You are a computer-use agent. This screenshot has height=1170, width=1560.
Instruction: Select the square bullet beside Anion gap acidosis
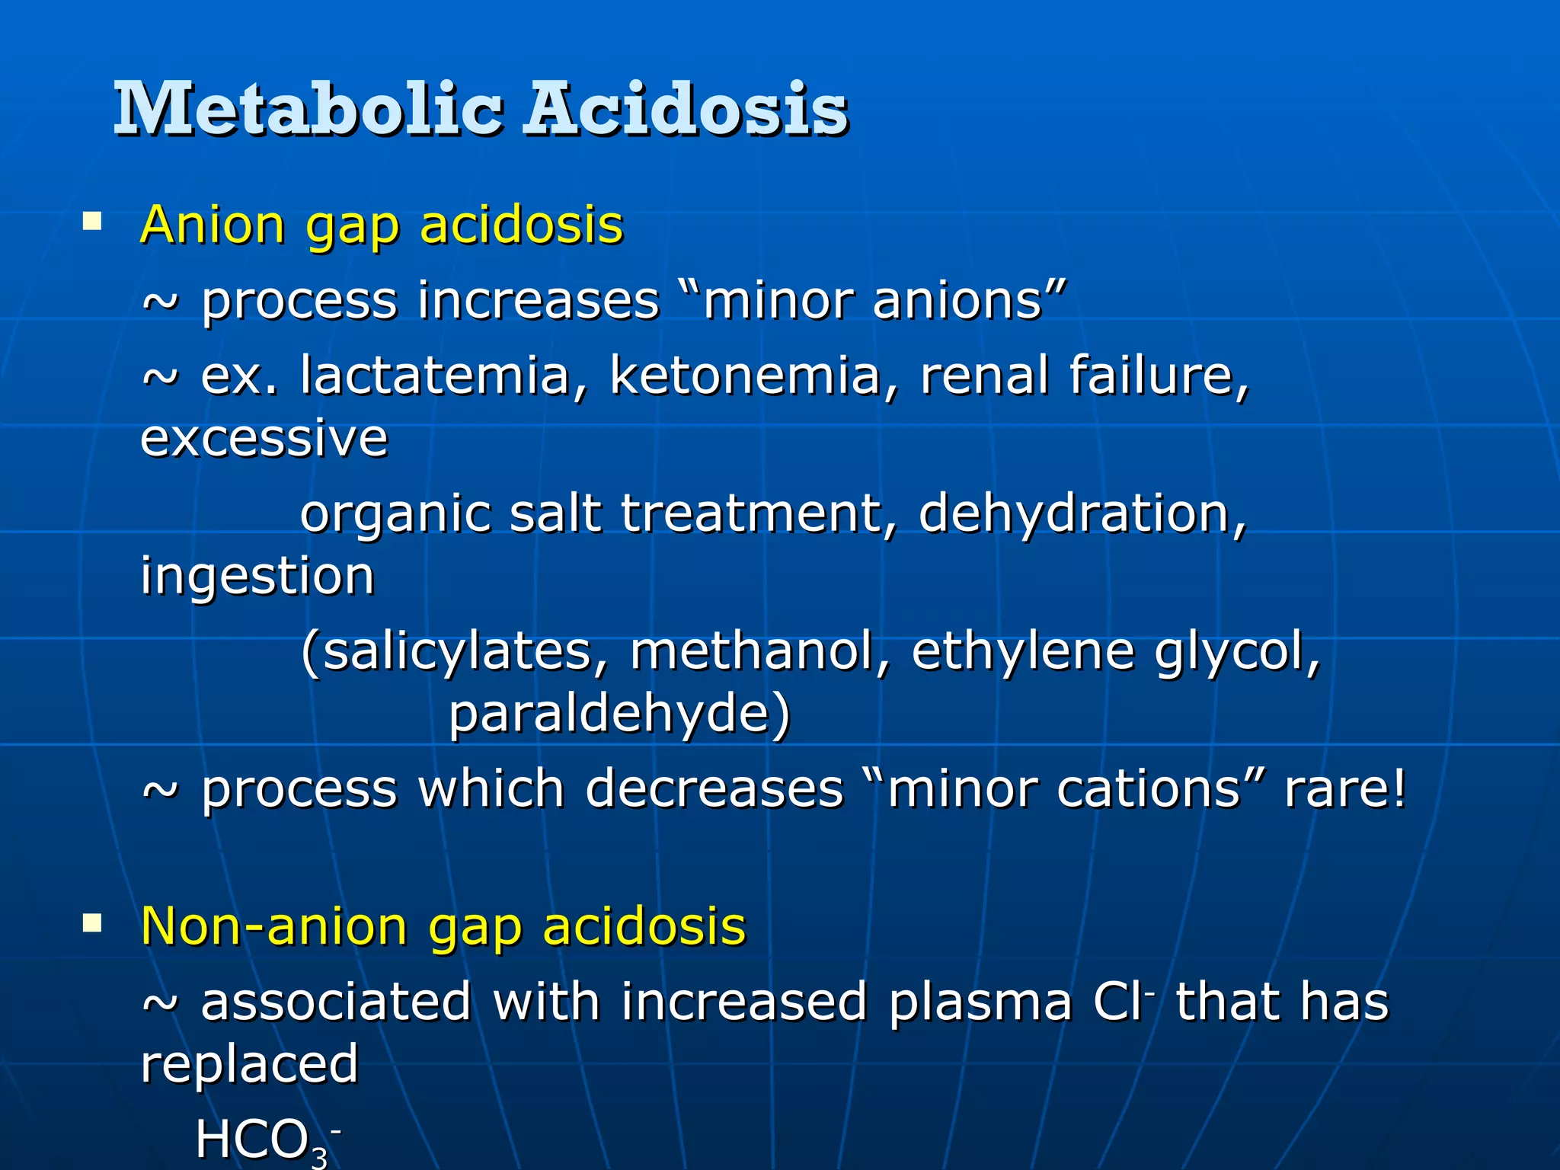[x=92, y=222]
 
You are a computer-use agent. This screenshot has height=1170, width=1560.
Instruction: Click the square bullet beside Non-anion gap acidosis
[x=92, y=923]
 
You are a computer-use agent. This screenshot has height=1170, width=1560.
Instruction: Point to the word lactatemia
[x=435, y=376]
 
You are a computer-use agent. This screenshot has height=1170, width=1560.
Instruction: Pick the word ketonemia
[x=744, y=376]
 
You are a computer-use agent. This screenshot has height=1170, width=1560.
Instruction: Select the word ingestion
[x=257, y=577]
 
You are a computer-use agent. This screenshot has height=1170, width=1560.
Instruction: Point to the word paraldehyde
[x=619, y=714]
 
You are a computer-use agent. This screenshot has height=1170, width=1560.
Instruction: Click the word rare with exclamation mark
[x=1345, y=788]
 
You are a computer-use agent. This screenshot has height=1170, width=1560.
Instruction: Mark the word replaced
[x=249, y=1064]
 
